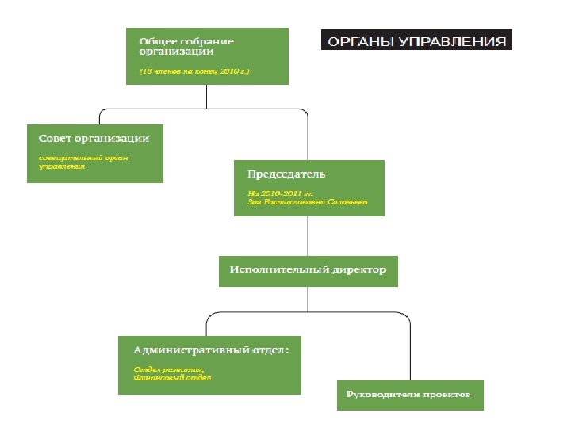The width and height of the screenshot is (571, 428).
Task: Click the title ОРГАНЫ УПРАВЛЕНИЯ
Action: (416, 41)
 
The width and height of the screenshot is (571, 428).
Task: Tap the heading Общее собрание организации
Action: (186, 46)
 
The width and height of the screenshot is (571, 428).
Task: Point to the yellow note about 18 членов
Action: (194, 71)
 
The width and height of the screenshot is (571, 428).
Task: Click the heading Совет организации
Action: (94, 139)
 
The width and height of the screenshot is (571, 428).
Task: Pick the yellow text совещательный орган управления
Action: (83, 162)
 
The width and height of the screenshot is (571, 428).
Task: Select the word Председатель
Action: (286, 174)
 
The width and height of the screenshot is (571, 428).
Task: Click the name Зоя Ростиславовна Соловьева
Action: (308, 202)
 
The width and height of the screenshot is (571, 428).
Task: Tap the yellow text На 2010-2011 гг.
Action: (281, 193)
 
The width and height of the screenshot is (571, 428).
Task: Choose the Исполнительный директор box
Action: (308, 270)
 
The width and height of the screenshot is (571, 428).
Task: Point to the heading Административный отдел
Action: (210, 350)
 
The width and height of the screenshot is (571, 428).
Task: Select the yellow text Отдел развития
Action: (169, 369)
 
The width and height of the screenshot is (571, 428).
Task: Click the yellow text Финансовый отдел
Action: (172, 379)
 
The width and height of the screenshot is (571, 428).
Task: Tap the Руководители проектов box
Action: (409, 394)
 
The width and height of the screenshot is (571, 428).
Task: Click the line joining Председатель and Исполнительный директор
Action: (308, 235)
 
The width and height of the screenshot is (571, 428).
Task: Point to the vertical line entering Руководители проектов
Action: (410, 353)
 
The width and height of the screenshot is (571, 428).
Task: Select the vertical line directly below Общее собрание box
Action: (206, 95)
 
